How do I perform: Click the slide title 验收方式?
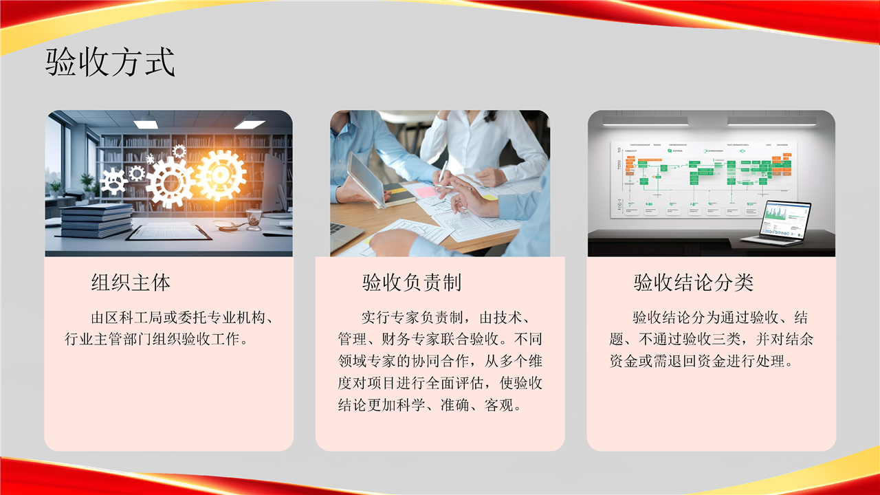click(x=110, y=62)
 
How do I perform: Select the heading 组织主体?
click(x=131, y=283)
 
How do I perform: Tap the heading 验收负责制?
click(x=411, y=283)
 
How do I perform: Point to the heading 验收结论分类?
click(x=694, y=283)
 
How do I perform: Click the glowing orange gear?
click(x=221, y=175)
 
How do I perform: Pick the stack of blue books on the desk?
click(x=97, y=221)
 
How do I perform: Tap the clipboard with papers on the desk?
click(x=169, y=232)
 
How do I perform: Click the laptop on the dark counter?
click(x=777, y=223)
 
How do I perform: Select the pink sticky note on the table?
click(x=427, y=192)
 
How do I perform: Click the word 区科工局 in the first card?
click(x=134, y=318)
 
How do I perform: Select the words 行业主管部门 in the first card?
click(x=108, y=339)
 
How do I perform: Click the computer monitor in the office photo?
click(x=274, y=184)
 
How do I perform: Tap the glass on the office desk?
click(x=254, y=219)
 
